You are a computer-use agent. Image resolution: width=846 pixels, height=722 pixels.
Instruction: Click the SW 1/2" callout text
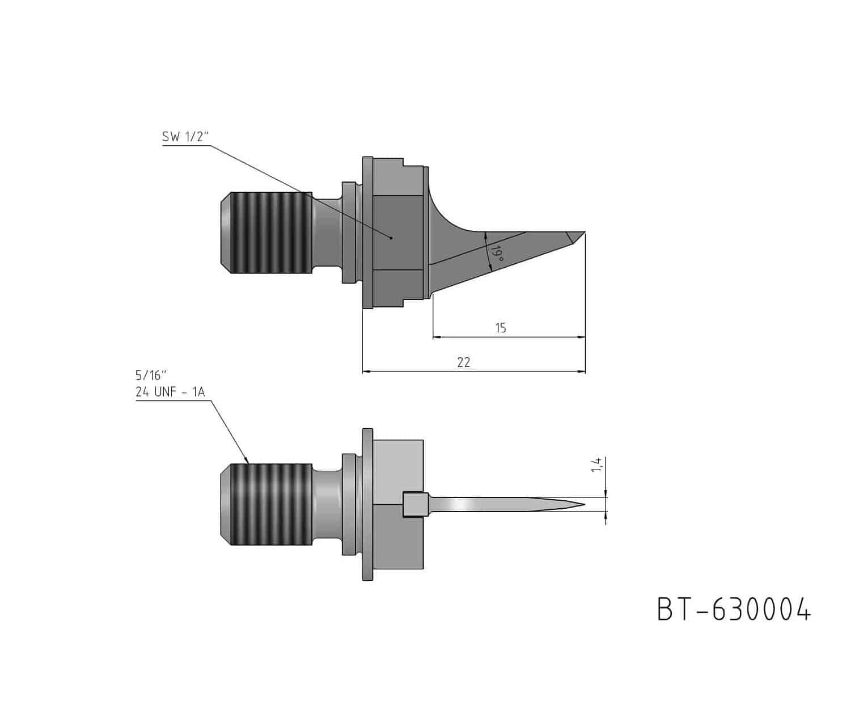click(185, 137)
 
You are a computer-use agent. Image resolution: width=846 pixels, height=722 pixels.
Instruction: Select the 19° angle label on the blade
click(497, 254)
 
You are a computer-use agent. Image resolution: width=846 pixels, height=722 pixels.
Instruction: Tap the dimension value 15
click(501, 328)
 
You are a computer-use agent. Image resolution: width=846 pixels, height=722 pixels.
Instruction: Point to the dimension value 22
click(464, 362)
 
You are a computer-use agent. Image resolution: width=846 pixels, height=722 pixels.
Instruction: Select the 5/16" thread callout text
click(151, 375)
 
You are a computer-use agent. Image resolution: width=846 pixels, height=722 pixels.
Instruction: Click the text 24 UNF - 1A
click(170, 392)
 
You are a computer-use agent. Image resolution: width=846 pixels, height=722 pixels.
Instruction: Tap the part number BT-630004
click(734, 610)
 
